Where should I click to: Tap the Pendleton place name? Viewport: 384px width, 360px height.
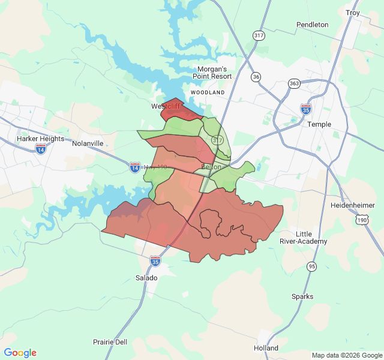(313, 25)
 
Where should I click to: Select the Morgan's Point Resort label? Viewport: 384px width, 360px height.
(212, 73)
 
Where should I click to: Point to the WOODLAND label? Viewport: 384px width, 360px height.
(207, 92)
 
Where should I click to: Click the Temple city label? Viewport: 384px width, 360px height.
(319, 124)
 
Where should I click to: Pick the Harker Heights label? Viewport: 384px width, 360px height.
(40, 139)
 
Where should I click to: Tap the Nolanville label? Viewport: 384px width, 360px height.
(88, 144)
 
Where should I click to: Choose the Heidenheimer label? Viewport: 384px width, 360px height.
(353, 205)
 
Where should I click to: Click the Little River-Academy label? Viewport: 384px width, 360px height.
(304, 238)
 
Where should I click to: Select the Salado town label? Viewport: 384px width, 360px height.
(146, 278)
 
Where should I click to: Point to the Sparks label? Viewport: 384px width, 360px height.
(302, 296)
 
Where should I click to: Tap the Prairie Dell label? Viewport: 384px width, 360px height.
(110, 342)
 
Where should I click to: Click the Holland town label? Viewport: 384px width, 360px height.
(266, 348)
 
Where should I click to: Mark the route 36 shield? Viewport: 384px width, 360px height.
(256, 77)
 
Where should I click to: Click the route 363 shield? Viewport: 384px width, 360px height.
(294, 83)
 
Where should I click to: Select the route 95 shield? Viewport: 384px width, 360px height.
(311, 266)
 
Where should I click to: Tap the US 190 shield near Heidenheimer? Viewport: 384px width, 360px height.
(362, 220)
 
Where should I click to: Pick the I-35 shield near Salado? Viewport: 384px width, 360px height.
(155, 260)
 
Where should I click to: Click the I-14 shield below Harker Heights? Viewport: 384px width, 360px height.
(41, 148)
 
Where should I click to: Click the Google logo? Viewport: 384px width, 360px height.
(20, 353)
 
